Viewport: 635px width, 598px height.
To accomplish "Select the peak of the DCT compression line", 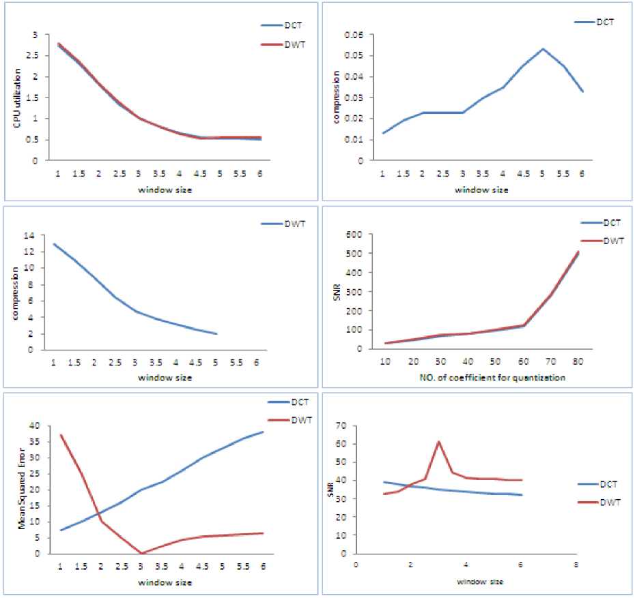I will pos(543,49).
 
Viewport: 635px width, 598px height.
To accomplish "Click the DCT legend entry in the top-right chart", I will pos(604,22).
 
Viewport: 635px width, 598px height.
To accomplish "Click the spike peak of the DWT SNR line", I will pos(438,442).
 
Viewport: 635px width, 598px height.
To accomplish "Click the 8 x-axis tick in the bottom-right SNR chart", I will pos(576,565).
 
